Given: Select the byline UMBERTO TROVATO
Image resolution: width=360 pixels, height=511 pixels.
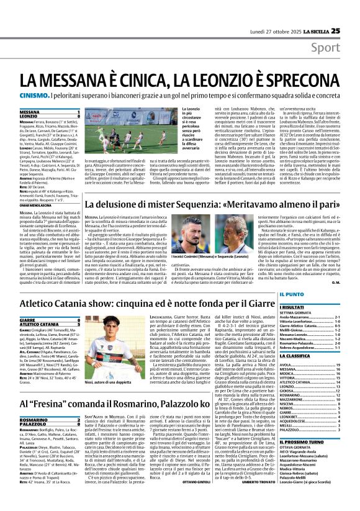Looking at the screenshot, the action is tap(256, 499).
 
